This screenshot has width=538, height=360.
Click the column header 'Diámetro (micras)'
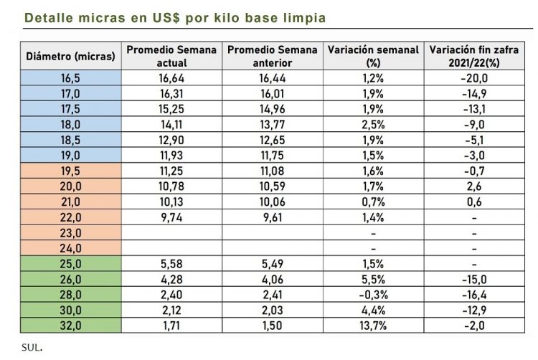pos(70,56)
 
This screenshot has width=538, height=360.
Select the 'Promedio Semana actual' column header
pos(171,55)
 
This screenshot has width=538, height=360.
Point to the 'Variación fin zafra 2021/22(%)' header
pos(474,55)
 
